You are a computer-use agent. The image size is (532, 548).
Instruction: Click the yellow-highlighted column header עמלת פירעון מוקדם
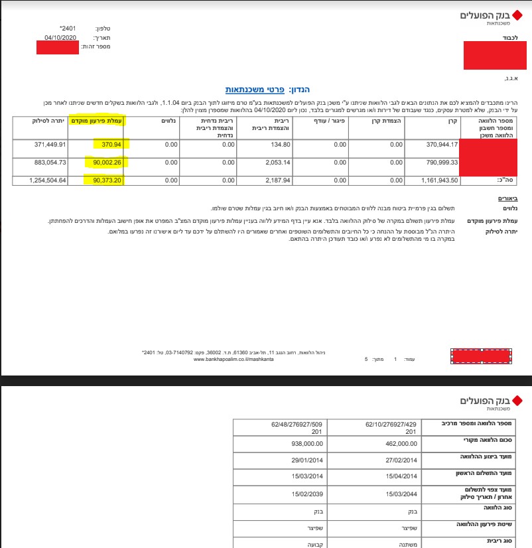98,122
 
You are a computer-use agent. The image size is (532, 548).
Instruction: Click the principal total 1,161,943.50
436,180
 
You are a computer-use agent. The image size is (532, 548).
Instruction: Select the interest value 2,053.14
277,163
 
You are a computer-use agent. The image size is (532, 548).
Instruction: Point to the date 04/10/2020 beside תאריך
62,37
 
